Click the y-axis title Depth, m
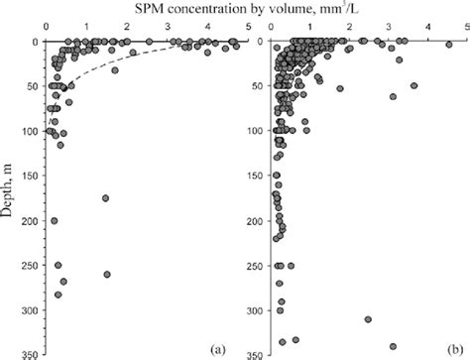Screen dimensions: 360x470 [x=12, y=183]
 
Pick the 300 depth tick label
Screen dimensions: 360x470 [x=29, y=310]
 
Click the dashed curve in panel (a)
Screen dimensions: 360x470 [x=109, y=67]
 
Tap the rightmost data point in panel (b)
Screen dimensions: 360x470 [x=449, y=43]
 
